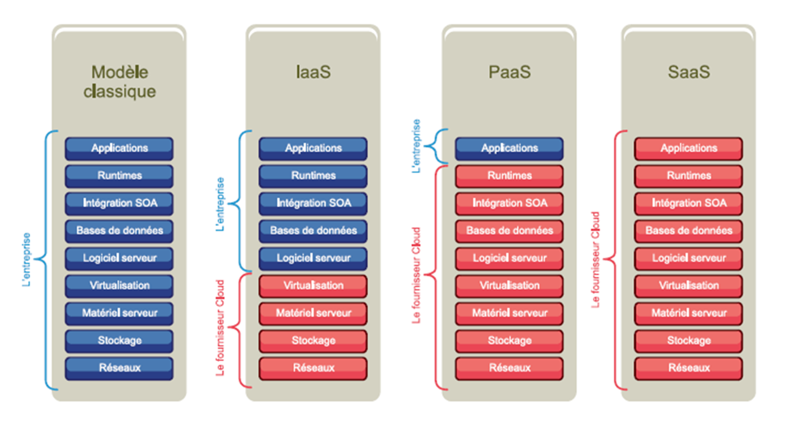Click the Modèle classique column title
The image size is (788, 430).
(119, 81)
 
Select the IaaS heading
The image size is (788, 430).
(313, 72)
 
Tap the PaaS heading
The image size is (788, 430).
(509, 72)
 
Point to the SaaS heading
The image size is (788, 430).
(688, 72)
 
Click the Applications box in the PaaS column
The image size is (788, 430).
(509, 148)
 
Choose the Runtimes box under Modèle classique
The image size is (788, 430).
(119, 176)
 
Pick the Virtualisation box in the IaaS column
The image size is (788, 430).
(313, 286)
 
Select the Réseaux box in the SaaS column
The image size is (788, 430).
(688, 368)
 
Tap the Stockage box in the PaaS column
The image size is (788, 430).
(509, 341)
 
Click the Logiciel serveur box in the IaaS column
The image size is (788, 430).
(313, 258)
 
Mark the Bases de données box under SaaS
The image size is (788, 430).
(688, 231)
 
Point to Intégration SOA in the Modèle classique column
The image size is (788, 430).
(119, 203)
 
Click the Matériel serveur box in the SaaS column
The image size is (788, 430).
(688, 313)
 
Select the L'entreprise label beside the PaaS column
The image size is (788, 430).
(417, 146)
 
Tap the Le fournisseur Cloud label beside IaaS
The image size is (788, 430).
(221, 328)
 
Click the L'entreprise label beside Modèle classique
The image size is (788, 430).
(26, 260)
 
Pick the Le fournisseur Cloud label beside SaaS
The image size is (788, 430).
(595, 260)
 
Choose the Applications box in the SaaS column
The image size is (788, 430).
(688, 148)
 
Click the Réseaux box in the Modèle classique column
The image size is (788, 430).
(119, 368)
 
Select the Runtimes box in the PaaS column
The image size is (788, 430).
(509, 176)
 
